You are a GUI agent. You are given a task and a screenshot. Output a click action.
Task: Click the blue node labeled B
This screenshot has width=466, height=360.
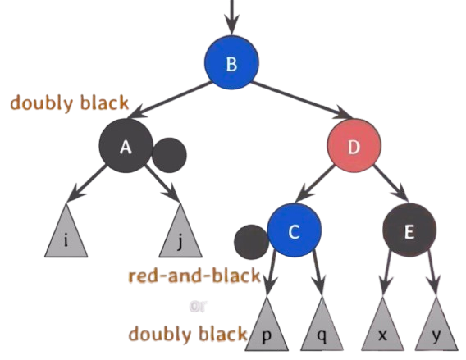click(x=231, y=62)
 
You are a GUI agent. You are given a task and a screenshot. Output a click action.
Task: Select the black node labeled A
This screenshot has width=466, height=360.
click(x=126, y=146)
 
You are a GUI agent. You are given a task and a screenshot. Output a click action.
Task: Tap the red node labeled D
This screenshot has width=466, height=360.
click(x=354, y=146)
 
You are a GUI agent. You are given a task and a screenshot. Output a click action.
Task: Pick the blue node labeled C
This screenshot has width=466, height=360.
click(x=295, y=230)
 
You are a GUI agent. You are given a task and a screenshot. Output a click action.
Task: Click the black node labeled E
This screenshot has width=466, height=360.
click(x=409, y=230)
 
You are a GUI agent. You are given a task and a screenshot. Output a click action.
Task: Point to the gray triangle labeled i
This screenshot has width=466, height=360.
click(x=66, y=235)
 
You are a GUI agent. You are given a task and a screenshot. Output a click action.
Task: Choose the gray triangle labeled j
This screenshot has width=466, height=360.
click(x=180, y=235)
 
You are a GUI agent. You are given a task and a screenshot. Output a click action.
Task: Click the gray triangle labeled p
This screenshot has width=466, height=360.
click(x=267, y=328)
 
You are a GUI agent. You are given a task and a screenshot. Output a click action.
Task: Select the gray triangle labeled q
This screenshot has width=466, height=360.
click(x=322, y=328)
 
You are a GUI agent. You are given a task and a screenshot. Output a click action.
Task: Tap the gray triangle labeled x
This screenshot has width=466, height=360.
click(x=382, y=328)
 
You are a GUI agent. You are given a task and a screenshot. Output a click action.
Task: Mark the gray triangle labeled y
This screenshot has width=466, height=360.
click(x=436, y=328)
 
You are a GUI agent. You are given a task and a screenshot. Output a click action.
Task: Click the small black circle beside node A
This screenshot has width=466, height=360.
click(x=170, y=155)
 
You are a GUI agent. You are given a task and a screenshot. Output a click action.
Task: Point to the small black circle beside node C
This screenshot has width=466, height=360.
click(x=250, y=242)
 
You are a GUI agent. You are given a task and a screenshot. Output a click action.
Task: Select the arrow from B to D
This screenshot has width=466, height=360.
click(x=301, y=100)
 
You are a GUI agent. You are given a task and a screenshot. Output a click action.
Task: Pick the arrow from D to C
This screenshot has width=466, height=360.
click(x=315, y=184)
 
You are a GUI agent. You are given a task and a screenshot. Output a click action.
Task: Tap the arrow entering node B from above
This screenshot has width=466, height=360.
click(x=231, y=16)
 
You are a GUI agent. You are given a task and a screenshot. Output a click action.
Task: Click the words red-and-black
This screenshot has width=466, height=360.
click(x=194, y=276)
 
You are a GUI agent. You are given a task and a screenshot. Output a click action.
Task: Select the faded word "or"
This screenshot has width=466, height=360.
click(x=199, y=307)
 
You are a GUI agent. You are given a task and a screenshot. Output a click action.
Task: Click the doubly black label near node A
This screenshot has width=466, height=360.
click(x=70, y=103)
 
